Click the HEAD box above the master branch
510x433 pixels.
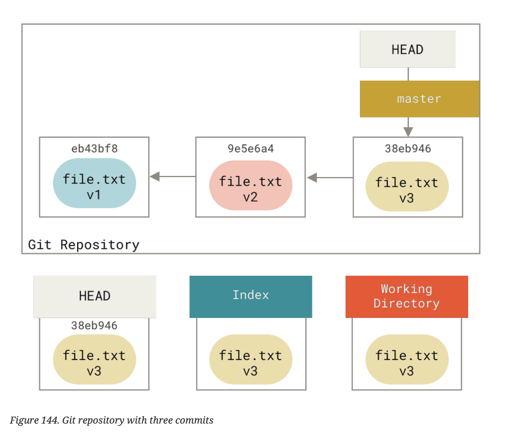click(407, 49)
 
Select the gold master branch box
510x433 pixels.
click(419, 99)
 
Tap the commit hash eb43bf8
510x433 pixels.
click(94, 149)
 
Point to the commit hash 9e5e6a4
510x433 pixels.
click(250, 149)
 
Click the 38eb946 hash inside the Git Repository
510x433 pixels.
click(408, 149)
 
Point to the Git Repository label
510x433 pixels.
click(84, 245)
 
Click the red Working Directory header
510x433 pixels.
click(407, 296)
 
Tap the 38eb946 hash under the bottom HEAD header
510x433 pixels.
click(94, 325)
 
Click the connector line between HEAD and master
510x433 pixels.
click(408, 74)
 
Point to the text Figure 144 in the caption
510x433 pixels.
click(34, 420)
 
